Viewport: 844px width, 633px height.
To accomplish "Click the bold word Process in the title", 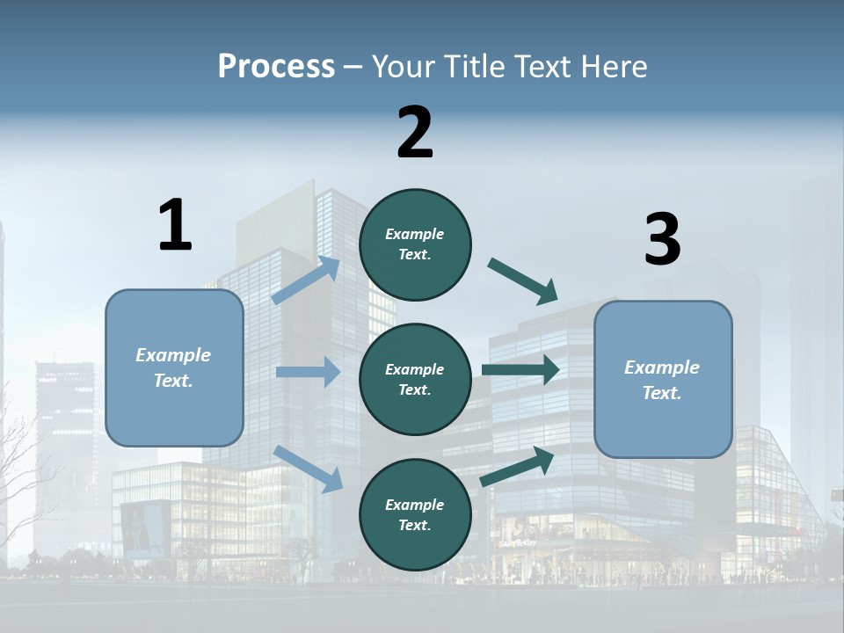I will tap(276, 67).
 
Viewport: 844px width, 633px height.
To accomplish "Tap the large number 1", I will tap(175, 225).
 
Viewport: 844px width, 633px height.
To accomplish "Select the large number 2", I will tap(415, 133).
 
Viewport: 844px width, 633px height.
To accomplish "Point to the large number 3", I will tap(662, 240).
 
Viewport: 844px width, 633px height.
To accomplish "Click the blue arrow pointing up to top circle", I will tap(306, 280).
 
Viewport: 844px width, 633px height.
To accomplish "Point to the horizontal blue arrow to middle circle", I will tap(308, 372).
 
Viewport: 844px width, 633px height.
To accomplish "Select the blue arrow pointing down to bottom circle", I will tap(308, 468).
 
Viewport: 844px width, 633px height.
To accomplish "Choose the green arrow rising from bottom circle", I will tap(517, 467).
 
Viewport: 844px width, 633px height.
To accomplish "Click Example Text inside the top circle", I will tap(415, 244).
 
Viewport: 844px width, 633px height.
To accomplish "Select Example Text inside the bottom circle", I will tap(415, 514).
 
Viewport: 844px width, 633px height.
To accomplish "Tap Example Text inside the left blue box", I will tap(173, 367).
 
